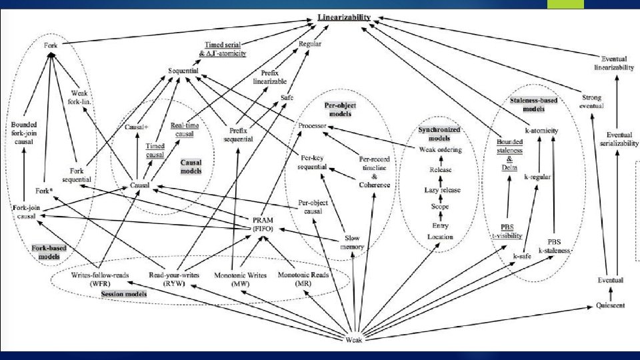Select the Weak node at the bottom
pyautogui.click(x=354, y=340)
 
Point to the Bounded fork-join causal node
pyautogui.click(x=24, y=133)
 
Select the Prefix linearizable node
pyautogui.click(x=270, y=77)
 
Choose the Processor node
pyautogui.click(x=313, y=126)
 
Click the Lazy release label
pyautogui.click(x=442, y=190)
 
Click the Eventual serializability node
pyautogui.click(x=615, y=139)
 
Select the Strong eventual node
pyautogui.click(x=592, y=101)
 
